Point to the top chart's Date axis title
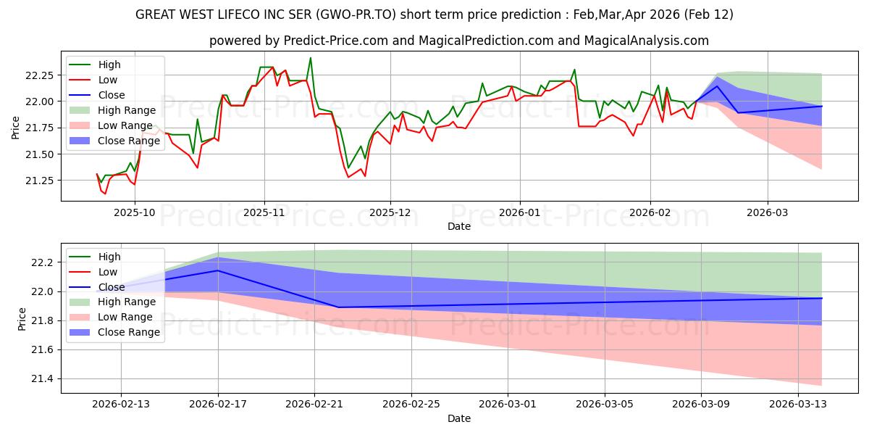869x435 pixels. click(459, 226)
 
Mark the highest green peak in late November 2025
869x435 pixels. click(311, 58)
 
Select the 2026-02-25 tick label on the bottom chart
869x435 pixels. click(411, 405)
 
